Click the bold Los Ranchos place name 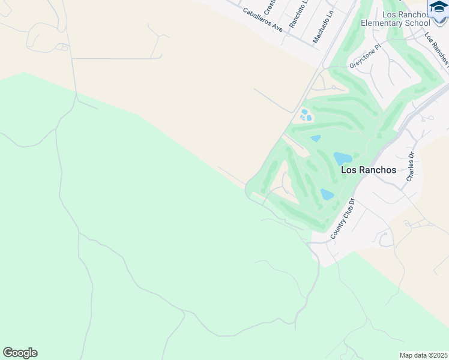(x=369, y=170)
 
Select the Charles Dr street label (x=411, y=167)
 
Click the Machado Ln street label (x=321, y=30)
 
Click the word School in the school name (x=418, y=23)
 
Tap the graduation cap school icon (x=438, y=7)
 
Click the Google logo (x=20, y=353)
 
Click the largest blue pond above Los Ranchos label (x=343, y=158)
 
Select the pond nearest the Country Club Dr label (x=327, y=194)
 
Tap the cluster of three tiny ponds (x=306, y=115)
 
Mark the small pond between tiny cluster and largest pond (x=316, y=139)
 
